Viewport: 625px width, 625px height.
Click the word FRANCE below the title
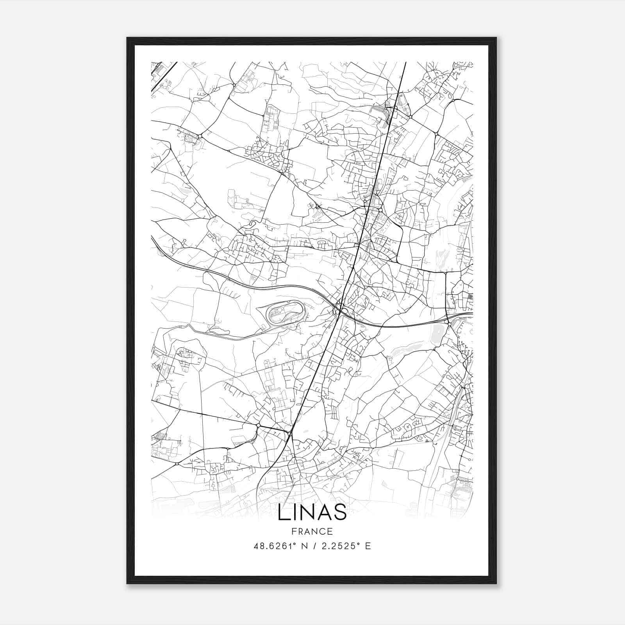[312, 532]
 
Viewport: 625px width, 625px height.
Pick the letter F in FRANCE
[294, 532]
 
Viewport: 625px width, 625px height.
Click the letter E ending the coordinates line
[368, 546]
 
